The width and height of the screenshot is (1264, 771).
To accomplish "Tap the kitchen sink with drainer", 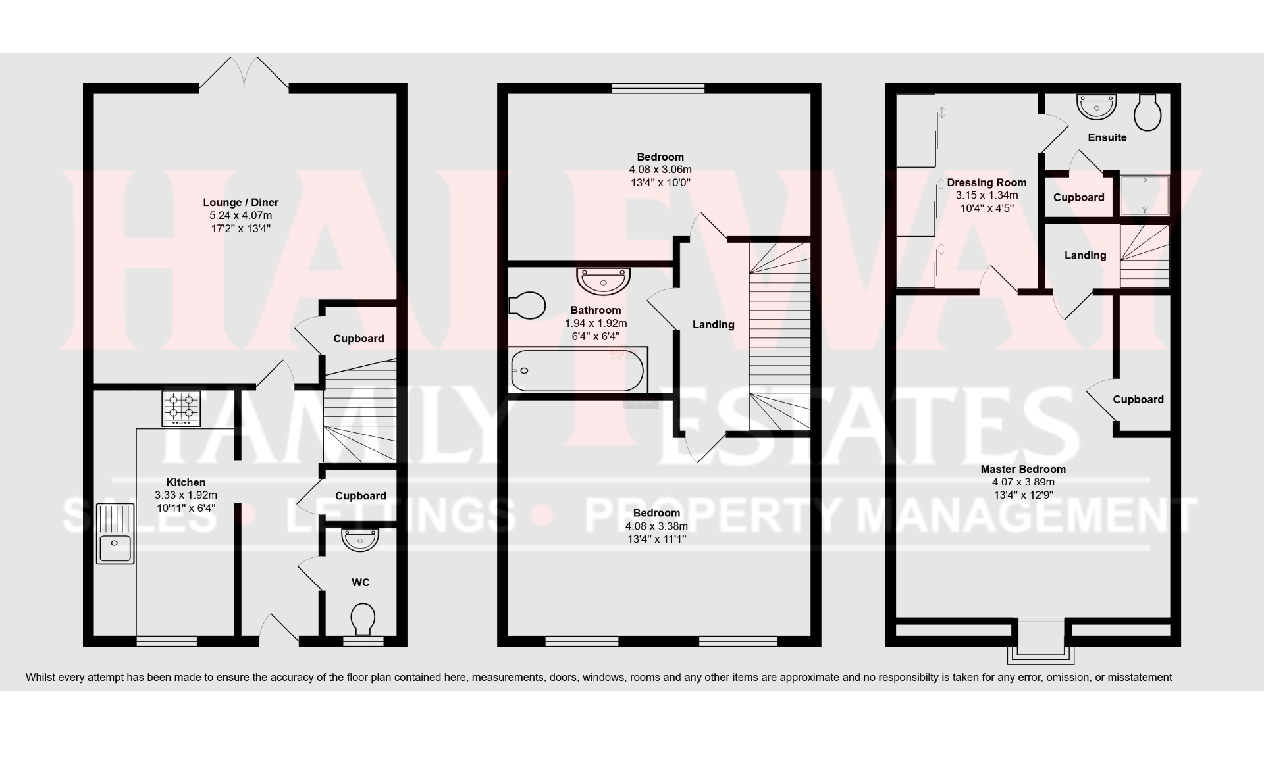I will point(115,534).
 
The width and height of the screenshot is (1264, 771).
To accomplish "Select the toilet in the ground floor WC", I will point(363,618).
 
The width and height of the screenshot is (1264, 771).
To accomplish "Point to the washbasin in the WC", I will point(360,540).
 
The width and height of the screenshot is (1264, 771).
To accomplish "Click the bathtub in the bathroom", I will point(577,370).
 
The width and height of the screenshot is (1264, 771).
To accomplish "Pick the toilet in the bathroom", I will point(527,305).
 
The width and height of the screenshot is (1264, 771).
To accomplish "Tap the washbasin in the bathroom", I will point(603,280).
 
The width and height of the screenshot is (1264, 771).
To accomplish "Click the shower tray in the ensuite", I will point(1145,195).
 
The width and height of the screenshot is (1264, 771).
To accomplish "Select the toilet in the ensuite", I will point(1147,112).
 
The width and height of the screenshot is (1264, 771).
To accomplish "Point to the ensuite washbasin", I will point(1097,106).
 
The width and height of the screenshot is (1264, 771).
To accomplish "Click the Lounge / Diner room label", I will point(240,203).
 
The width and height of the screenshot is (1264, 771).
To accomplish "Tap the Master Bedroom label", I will point(1022,470).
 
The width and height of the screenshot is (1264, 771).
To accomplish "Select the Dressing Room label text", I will point(986,183).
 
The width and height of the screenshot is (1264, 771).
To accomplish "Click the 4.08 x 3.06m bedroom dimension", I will point(660,170).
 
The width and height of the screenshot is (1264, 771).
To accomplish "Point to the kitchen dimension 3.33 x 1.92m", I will point(186,495).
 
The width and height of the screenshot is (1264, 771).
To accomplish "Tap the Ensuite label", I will point(1107,137).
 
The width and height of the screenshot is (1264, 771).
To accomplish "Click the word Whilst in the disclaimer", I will point(39,677).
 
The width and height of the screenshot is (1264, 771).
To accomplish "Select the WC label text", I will point(360,582).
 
